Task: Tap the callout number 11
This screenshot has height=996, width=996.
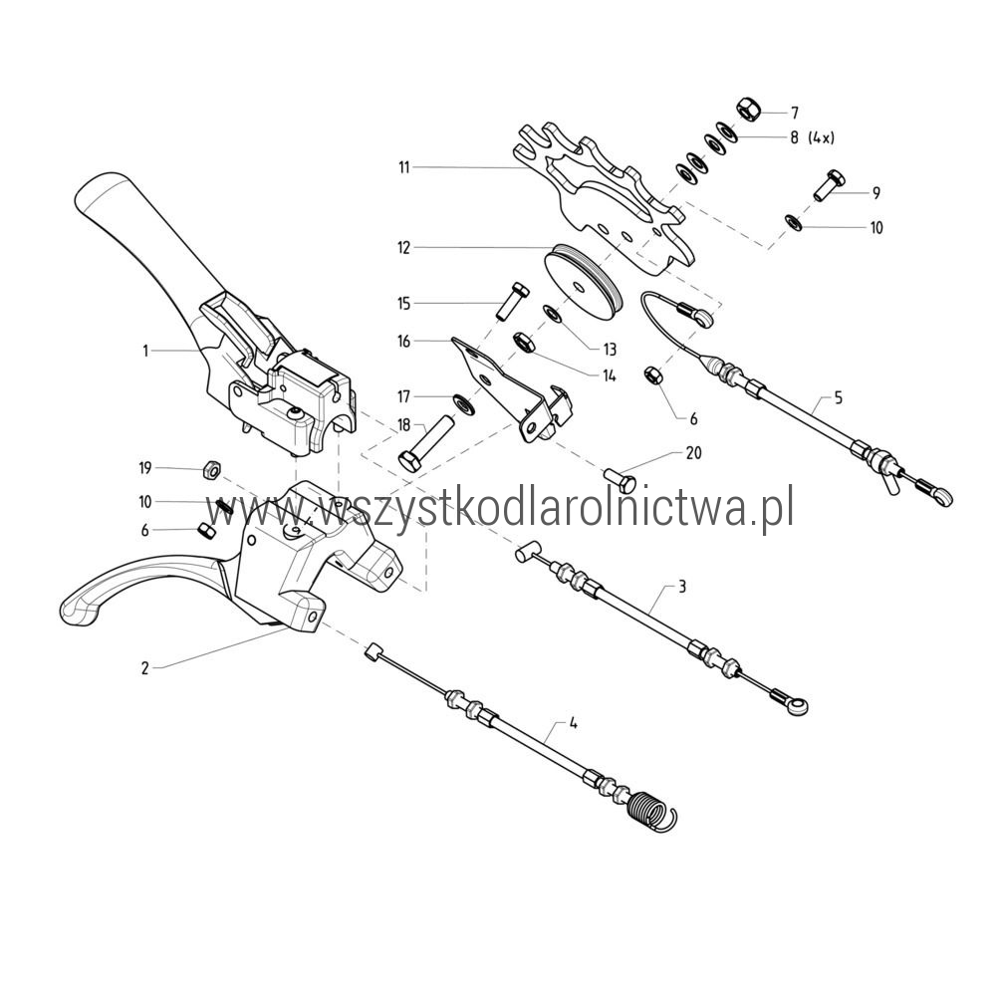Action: pos(404,167)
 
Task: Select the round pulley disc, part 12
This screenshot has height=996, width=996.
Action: pos(583,280)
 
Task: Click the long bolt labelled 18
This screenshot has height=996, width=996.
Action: pos(424,443)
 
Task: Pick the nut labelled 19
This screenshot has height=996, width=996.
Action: pos(211,470)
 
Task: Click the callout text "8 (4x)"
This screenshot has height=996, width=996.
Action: pos(812,137)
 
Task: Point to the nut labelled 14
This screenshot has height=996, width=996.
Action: pos(524,343)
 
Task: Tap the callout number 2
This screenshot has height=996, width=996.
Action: pos(144,667)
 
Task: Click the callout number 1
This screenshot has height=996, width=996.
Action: pos(144,351)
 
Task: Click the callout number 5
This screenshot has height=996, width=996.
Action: pos(839,398)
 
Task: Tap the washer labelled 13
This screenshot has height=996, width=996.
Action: pos(552,313)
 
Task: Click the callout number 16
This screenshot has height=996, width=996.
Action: pos(404,341)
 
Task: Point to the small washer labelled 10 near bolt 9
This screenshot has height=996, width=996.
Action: pos(794,222)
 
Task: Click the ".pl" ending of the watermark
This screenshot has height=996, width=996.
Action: pos(776,509)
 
